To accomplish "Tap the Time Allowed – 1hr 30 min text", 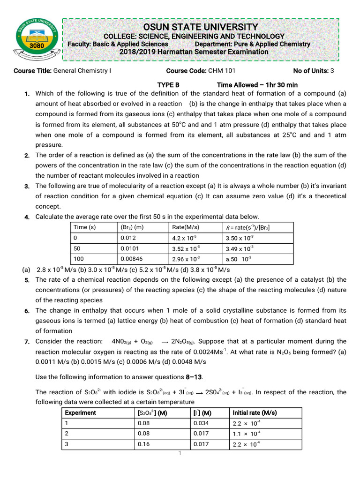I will click(257, 85).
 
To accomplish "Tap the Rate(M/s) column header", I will click(186, 227).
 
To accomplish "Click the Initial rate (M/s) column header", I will click(255, 412).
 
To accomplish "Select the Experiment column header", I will click(80, 412).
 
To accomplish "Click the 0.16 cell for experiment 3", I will click(143, 444).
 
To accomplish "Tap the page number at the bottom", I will click(180, 453).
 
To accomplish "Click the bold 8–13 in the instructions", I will click(194, 377).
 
